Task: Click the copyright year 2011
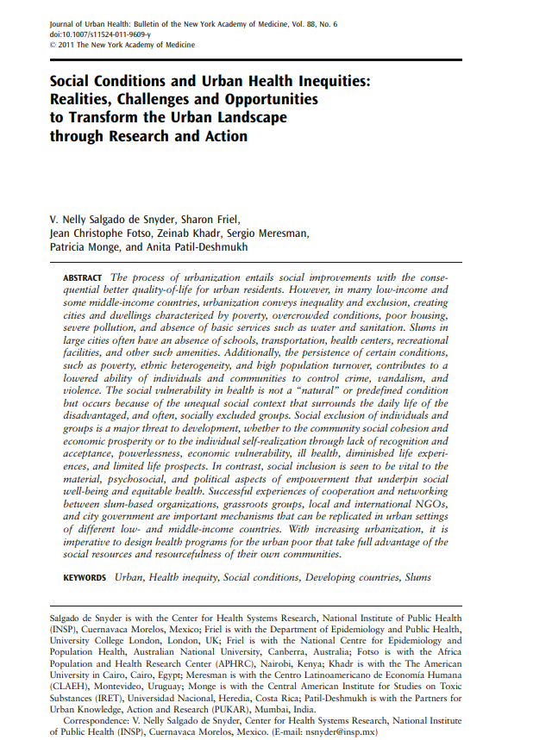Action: pyautogui.click(x=72, y=44)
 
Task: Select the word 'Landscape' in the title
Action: pyautogui.click(x=247, y=117)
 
